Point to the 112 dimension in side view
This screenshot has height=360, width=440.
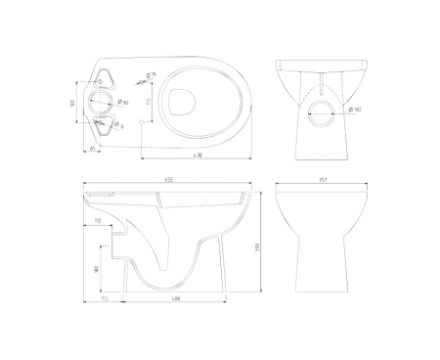(x=101, y=221)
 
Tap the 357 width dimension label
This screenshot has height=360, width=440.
(x=324, y=183)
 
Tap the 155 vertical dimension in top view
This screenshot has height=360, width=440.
(x=148, y=103)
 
